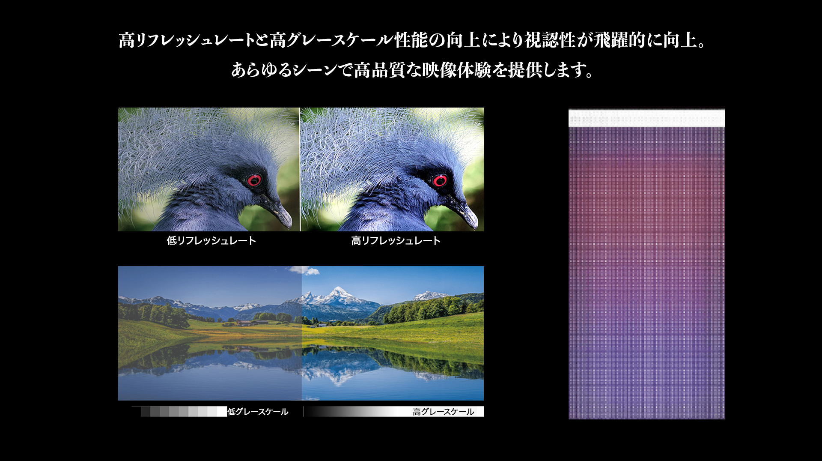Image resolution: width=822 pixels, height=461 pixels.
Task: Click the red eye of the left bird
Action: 254,180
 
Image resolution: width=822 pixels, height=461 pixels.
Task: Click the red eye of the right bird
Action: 440,181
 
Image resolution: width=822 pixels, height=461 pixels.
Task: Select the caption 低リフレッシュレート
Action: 211,241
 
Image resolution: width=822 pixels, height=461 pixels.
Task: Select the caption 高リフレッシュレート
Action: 396,241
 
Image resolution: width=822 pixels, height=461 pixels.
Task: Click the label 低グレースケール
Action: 258,412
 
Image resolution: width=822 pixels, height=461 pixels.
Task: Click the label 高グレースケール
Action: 444,412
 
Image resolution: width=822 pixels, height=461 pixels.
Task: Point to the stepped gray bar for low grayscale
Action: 179,411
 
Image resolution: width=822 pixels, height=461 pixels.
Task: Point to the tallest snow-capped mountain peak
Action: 338,292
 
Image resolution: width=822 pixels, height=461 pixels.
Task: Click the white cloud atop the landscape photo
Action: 304,270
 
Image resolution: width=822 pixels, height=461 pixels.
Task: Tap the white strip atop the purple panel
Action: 646,118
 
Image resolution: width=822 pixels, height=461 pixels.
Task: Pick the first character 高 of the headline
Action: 127,40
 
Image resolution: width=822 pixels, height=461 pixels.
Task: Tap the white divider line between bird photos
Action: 300,169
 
